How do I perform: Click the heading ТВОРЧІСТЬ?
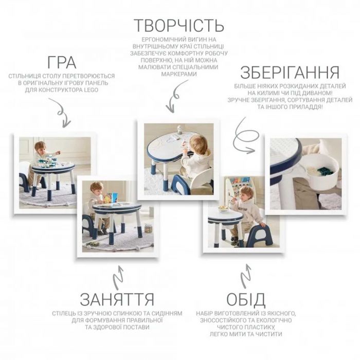point(179,26)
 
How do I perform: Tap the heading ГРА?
point(62,62)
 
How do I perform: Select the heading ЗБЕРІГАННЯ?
point(290,73)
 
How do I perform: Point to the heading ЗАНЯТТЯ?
point(117,299)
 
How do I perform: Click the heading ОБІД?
point(246,299)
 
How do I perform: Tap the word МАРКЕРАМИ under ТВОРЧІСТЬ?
point(179,74)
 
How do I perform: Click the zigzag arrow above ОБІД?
point(246,276)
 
